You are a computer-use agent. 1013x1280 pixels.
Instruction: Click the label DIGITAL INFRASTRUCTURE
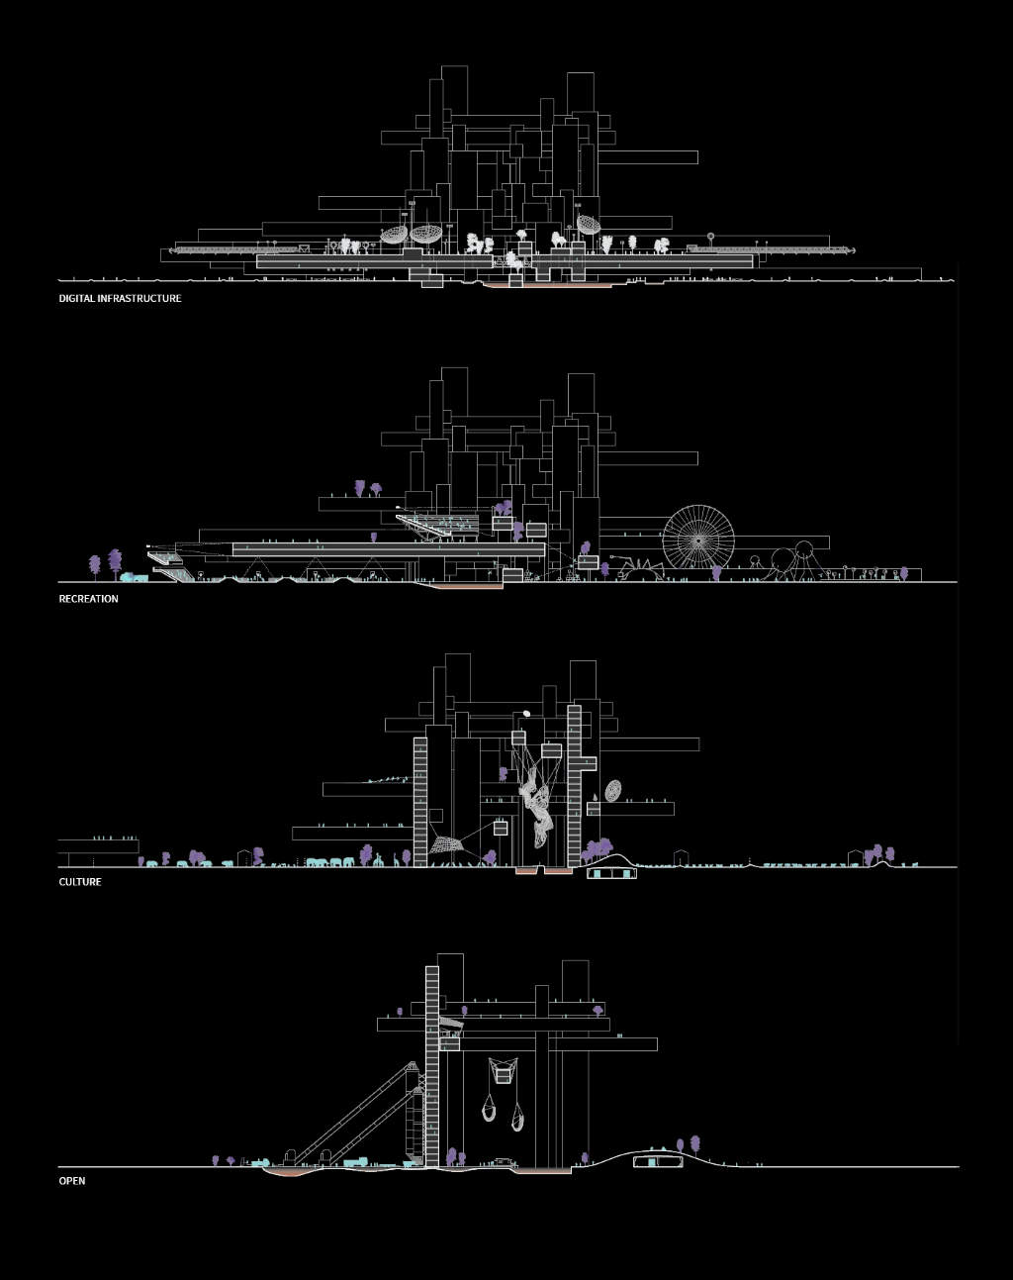pyautogui.click(x=120, y=298)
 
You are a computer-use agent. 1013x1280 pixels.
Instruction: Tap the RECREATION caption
pyautogui.click(x=88, y=599)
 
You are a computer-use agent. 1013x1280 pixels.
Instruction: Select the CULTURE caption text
pyautogui.click(x=80, y=882)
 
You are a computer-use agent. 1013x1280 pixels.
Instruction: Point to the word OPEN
pyautogui.click(x=72, y=1181)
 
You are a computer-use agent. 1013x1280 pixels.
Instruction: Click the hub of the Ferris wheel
pyautogui.click(x=698, y=540)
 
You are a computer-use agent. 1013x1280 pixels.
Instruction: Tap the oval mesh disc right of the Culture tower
pyautogui.click(x=613, y=791)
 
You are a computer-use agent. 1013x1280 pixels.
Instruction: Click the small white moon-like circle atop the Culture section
pyautogui.click(x=526, y=713)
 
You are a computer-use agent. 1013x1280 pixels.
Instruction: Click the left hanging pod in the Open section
pyautogui.click(x=489, y=1109)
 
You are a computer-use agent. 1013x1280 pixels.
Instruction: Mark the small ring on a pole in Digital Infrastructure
pyautogui.click(x=710, y=237)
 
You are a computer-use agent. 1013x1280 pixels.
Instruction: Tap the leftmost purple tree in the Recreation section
pyautogui.click(x=95, y=564)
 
